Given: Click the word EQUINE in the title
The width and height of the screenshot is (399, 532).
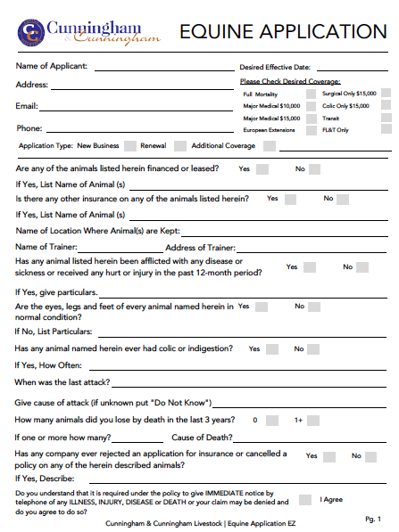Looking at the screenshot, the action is pos(215,32).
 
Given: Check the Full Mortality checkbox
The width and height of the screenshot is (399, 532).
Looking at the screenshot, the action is pos(310,94).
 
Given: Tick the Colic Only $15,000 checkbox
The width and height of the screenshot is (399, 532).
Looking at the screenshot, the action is pos(387,105).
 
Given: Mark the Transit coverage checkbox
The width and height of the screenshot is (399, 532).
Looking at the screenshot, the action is pos(387,118).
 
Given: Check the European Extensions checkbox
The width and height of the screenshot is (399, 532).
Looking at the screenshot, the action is pos(310,130).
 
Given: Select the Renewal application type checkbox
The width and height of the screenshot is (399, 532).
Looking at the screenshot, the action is pos(180,145).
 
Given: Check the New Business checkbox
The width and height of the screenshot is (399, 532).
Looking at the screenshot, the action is pos(130,145).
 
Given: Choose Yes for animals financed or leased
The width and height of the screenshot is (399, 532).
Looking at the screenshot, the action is pos(262,168).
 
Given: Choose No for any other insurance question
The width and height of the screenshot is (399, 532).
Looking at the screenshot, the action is pos(343,199).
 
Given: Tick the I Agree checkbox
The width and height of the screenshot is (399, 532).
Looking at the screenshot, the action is pos(305,500).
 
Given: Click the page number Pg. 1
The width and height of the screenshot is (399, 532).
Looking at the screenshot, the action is pos(374,519).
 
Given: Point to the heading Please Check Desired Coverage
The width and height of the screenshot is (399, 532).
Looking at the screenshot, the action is pos(290,82).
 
